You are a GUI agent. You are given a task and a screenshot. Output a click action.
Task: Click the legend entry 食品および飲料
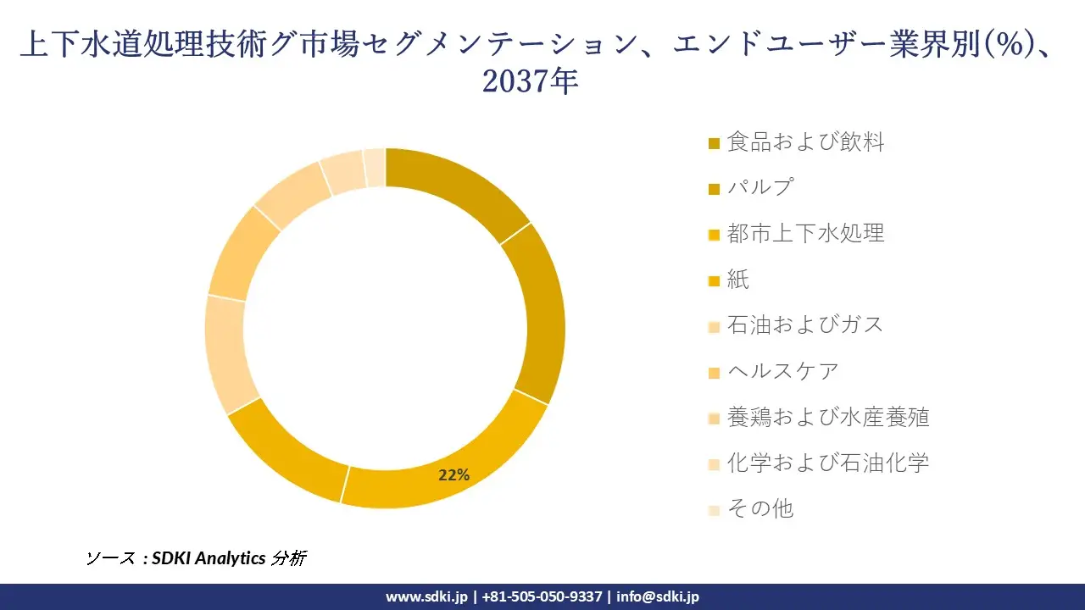[805, 142]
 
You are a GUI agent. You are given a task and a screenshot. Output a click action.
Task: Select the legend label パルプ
[759, 188]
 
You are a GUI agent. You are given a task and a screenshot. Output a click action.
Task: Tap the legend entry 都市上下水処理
[805, 234]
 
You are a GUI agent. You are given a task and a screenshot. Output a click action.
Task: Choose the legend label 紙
[737, 280]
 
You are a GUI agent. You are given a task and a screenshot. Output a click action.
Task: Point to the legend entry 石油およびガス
[805, 325]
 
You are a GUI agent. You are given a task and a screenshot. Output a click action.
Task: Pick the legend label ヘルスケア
[782, 371]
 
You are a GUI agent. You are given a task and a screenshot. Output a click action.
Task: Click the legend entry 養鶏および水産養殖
[827, 417]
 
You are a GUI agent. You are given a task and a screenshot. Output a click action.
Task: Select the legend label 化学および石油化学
[827, 463]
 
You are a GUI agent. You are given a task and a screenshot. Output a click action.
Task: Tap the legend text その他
[759, 508]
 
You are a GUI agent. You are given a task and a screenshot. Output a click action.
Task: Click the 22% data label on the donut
[453, 475]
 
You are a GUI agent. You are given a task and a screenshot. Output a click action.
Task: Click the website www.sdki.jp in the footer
[426, 596]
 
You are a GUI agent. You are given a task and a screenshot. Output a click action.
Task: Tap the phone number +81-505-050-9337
[542, 596]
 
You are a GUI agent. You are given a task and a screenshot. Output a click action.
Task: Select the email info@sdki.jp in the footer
[658, 596]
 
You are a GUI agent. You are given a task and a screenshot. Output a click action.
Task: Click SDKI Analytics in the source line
[209, 558]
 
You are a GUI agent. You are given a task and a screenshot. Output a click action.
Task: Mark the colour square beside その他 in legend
[714, 510]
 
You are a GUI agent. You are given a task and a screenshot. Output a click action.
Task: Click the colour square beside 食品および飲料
[714, 144]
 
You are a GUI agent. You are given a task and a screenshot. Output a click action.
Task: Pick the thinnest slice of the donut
[375, 166]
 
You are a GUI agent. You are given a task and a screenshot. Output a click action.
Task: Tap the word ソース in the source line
[111, 558]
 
